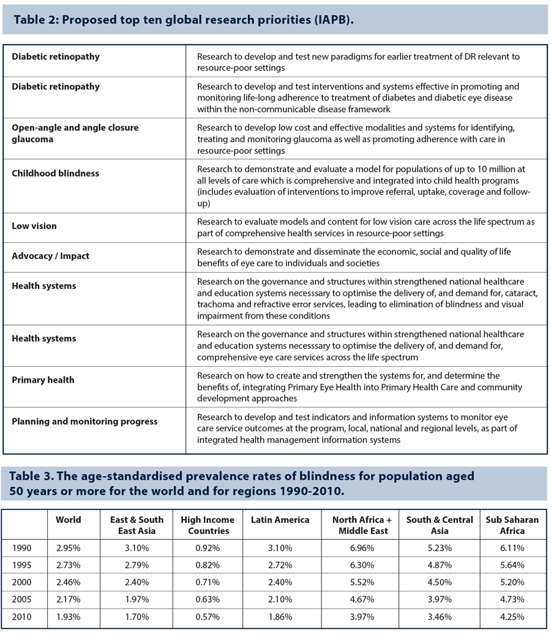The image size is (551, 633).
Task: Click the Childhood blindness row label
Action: click(55, 173)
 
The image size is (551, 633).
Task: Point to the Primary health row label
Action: click(43, 380)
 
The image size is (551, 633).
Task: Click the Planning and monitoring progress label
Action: click(84, 421)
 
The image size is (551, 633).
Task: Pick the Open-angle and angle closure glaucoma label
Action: click(75, 133)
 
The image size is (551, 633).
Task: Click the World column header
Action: click(68, 519)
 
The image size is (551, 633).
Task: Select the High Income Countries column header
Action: click(208, 525)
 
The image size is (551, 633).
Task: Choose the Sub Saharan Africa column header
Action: click(512, 525)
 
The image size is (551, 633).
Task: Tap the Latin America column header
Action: click(280, 519)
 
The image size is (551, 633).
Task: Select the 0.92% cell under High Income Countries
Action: click(208, 547)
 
